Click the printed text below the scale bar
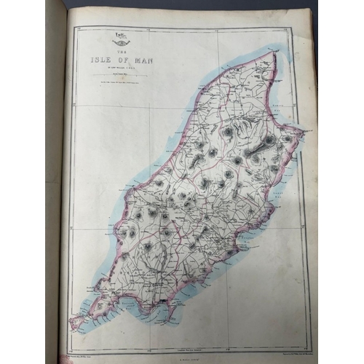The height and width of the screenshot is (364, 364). coord(122,80)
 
